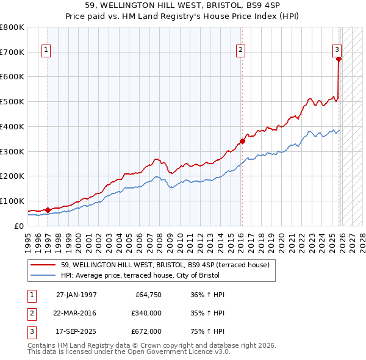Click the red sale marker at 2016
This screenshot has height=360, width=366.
point(242,141)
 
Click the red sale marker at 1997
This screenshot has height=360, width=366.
point(48,210)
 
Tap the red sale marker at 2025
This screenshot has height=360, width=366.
point(339,59)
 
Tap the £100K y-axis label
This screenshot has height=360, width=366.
point(12,201)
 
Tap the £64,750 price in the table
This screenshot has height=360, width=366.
point(146,295)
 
